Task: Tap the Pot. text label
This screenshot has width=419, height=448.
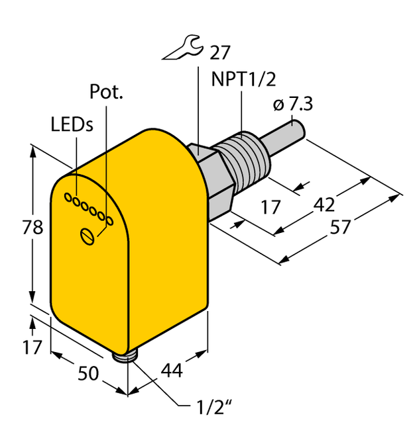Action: (x=106, y=93)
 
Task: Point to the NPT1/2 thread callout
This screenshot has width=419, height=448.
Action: (x=243, y=79)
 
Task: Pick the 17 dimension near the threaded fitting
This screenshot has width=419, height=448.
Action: (x=270, y=207)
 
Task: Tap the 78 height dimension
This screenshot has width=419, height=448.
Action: (x=31, y=228)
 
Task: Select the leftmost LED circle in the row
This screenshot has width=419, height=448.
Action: (x=67, y=197)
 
